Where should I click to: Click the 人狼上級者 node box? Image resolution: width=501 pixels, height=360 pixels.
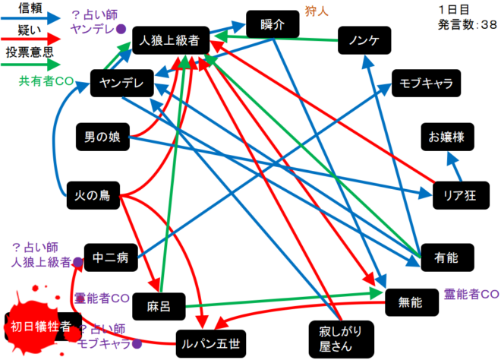click(x=169, y=41)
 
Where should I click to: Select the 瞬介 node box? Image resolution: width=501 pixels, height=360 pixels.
click(x=271, y=24)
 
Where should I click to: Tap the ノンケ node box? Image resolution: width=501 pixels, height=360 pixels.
click(x=364, y=40)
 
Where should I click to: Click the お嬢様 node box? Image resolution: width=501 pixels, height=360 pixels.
click(x=451, y=138)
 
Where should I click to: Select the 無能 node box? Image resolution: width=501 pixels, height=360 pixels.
click(x=412, y=302)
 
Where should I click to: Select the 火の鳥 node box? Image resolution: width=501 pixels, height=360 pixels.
click(x=93, y=195)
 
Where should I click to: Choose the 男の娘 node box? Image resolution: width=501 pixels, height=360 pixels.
click(x=104, y=138)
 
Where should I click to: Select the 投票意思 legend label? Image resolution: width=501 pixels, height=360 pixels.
click(x=29, y=53)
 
